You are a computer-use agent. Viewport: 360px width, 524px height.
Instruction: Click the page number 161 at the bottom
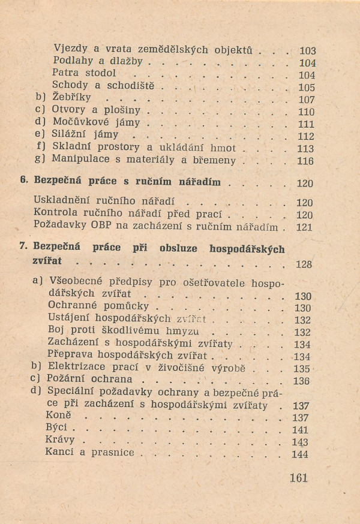click(x=298, y=478)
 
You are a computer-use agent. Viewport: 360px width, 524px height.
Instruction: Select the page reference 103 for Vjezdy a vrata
click(x=307, y=51)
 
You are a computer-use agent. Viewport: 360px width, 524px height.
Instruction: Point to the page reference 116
click(x=305, y=161)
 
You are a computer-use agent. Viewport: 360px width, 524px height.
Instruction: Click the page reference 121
click(x=305, y=227)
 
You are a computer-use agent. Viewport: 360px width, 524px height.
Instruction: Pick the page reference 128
click(x=305, y=264)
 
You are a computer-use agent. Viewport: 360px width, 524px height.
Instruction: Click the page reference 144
click(x=300, y=454)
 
